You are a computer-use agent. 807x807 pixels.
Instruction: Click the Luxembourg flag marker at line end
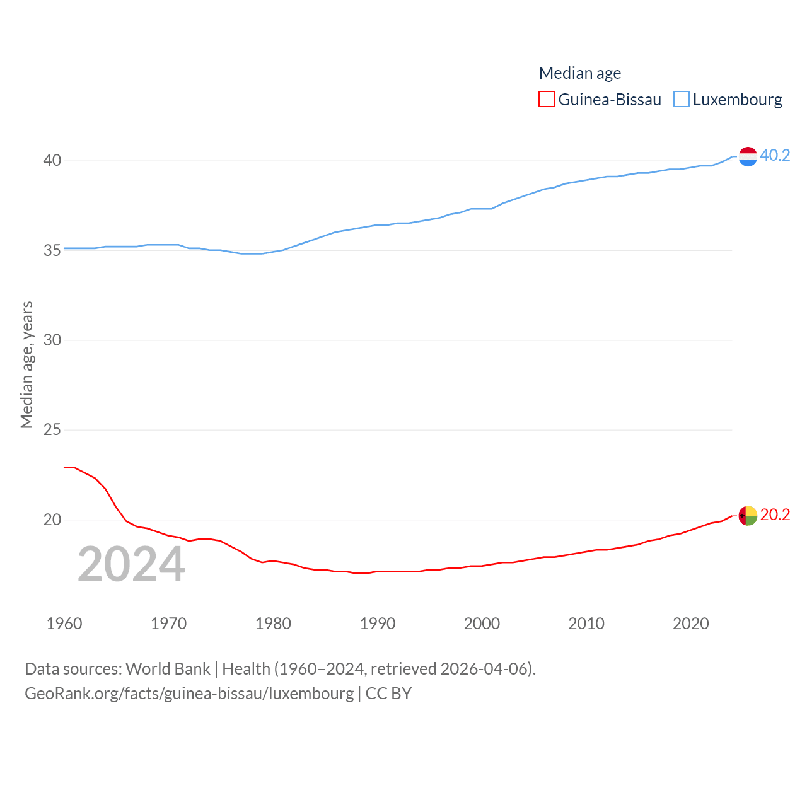748,156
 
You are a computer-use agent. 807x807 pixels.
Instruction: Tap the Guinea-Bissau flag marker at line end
748,516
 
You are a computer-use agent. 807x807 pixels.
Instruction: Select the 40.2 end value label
775,155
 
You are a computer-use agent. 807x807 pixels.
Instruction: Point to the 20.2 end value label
775,514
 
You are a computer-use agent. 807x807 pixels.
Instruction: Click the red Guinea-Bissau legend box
547,99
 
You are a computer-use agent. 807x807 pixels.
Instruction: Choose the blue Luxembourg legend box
682,99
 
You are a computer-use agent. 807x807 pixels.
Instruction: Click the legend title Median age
580,73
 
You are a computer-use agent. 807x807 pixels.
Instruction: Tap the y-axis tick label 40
52,161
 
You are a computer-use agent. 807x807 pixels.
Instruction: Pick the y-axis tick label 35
52,250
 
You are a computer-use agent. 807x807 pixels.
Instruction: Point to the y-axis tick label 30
52,340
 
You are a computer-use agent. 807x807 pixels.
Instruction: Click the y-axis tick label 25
52,430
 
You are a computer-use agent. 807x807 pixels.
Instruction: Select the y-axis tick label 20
52,520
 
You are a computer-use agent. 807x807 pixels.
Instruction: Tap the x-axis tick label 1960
64,624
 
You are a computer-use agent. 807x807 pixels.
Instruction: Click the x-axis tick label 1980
273,624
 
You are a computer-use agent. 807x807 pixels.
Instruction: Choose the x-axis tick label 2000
482,624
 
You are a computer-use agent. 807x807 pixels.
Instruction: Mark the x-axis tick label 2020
690,624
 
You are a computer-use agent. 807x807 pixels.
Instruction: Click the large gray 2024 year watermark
131,564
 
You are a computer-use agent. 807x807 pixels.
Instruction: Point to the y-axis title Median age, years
26,365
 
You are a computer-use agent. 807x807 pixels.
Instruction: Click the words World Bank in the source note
168,668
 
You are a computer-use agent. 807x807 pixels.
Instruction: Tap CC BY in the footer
388,694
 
